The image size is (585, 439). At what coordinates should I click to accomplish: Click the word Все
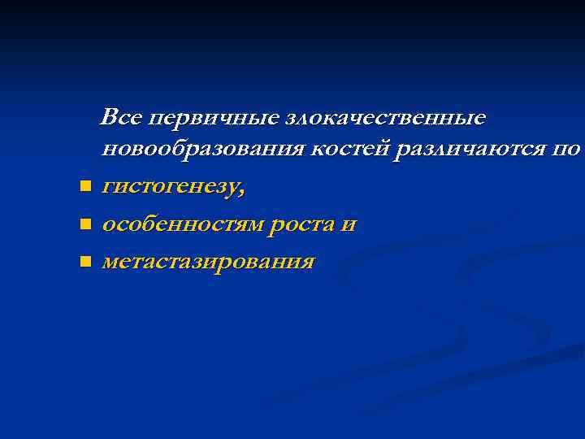(x=119, y=118)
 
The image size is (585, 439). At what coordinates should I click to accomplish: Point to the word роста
(x=302, y=224)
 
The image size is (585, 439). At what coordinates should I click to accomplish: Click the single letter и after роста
(x=349, y=225)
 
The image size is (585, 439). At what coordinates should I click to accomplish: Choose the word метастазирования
(x=208, y=262)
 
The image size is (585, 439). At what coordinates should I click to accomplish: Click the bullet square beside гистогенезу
(x=84, y=188)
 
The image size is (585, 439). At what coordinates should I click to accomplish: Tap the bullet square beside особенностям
(x=84, y=225)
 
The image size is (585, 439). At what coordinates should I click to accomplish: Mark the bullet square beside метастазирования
(x=84, y=262)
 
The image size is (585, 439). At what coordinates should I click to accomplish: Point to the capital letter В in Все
(x=109, y=118)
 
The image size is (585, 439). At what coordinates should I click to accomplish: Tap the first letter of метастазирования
(x=110, y=263)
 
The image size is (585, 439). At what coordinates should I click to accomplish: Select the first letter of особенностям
(x=108, y=225)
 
